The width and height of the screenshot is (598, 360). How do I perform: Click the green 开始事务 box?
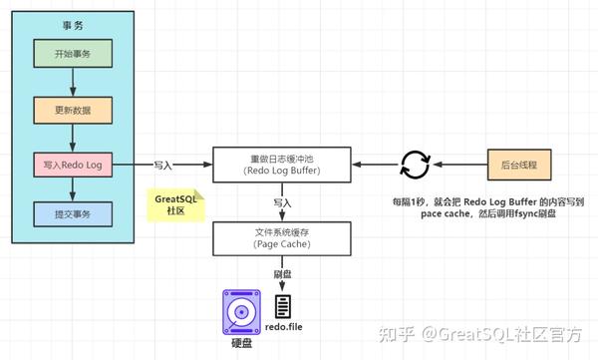click(x=73, y=54)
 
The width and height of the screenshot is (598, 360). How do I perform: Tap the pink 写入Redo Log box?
click(x=73, y=163)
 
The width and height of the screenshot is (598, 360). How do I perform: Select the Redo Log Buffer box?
click(x=282, y=163)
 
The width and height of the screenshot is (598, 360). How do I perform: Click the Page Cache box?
click(x=282, y=238)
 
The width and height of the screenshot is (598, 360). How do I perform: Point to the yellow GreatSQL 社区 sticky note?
click(x=175, y=205)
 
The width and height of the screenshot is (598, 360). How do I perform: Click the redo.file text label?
click(x=283, y=329)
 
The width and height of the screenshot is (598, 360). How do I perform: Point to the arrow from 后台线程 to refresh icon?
click(x=460, y=163)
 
